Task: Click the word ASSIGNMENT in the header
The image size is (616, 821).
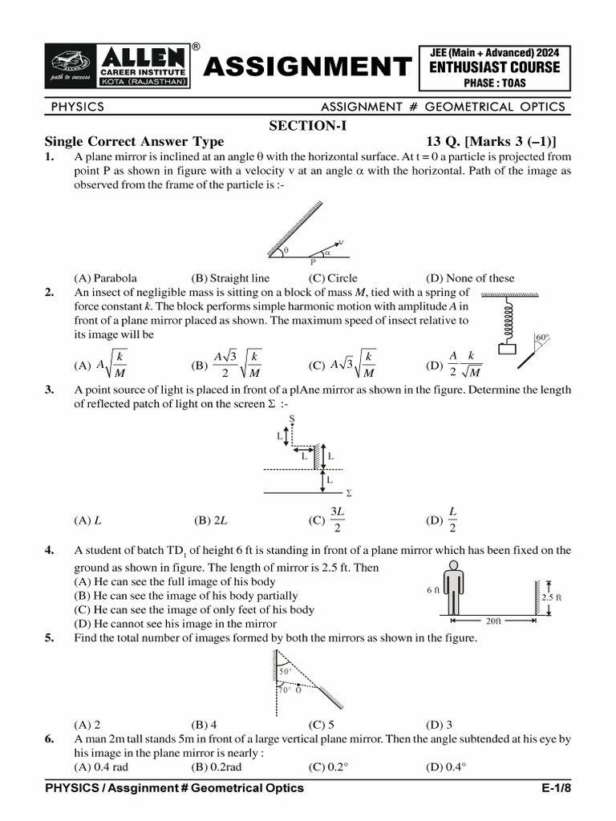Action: (x=306, y=67)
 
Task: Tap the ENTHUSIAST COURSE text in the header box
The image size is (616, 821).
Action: (x=494, y=67)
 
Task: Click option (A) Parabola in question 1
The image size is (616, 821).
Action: (x=105, y=278)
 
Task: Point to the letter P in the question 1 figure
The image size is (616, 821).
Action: (x=313, y=261)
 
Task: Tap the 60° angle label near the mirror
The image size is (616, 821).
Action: (x=543, y=338)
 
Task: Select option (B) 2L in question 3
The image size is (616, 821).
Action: (x=211, y=520)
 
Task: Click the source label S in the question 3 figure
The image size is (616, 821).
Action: (x=291, y=419)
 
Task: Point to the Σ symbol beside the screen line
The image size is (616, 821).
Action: (x=348, y=494)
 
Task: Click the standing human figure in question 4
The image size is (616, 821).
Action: (x=454, y=588)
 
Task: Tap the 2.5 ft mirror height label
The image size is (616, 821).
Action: (x=551, y=597)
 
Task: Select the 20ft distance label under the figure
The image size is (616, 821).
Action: (x=493, y=621)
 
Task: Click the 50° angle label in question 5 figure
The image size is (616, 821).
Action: (x=285, y=670)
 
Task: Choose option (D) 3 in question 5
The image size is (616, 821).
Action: (x=439, y=722)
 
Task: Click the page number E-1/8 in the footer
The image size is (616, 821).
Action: (x=559, y=788)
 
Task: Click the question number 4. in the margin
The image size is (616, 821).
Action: (x=50, y=550)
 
